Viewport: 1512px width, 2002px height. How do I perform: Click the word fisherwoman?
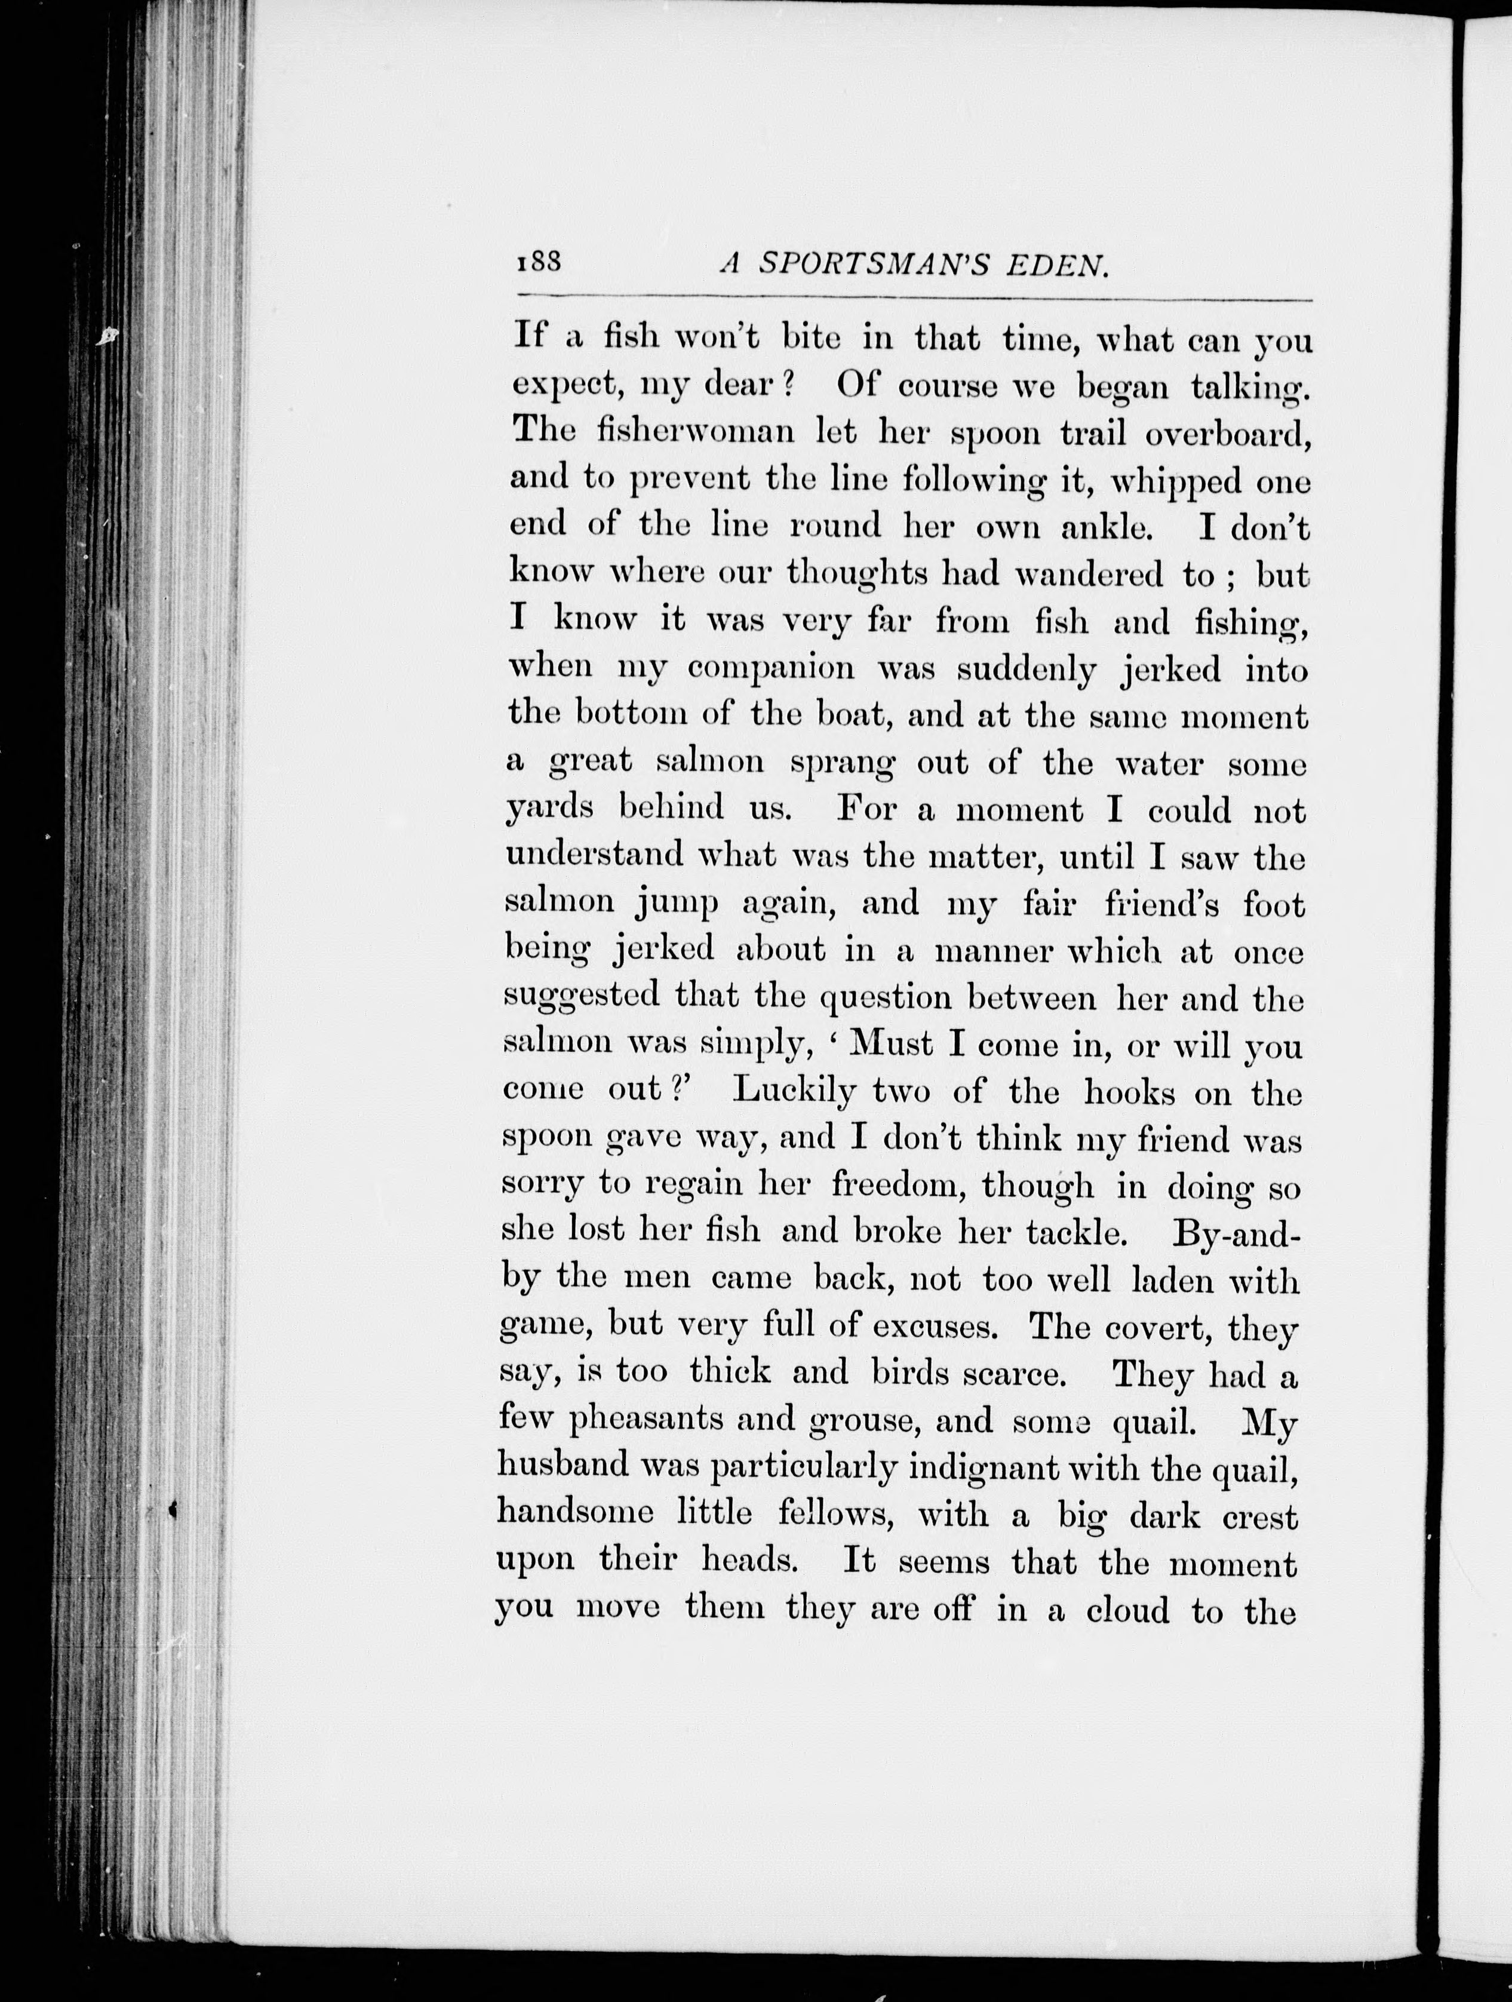point(695,432)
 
